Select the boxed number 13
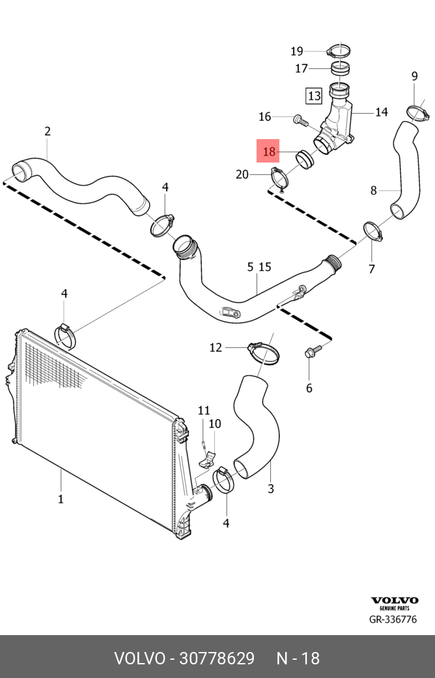315,96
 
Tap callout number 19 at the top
297,51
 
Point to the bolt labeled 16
299,119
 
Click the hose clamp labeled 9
417,112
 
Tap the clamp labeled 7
373,231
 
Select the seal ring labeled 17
341,68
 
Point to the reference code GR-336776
393,619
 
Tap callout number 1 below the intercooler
61,499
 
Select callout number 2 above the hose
48,131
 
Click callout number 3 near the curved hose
270,489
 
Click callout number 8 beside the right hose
374,190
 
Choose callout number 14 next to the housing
381,112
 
